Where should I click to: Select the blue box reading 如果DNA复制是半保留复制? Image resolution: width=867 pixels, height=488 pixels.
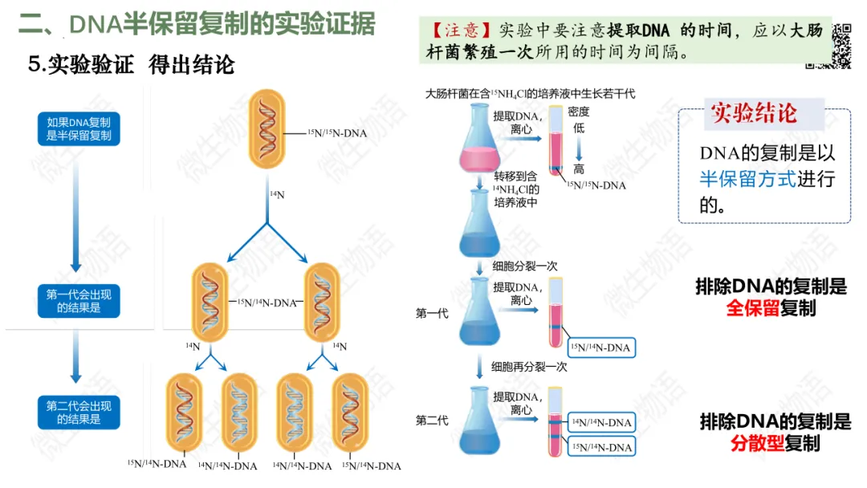[x=79, y=129]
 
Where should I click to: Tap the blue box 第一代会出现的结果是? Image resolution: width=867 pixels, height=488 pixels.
[x=79, y=301]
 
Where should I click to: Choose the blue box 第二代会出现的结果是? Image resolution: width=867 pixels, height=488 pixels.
[x=79, y=413]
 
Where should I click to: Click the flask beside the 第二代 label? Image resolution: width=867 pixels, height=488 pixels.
[x=478, y=421]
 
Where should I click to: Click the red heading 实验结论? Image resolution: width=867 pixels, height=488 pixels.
[x=754, y=114]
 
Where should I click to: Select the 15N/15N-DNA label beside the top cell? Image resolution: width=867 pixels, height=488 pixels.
[x=337, y=133]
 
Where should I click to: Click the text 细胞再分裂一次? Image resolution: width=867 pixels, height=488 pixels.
[x=530, y=367]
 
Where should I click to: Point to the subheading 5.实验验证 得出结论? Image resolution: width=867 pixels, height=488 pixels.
[x=130, y=65]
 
